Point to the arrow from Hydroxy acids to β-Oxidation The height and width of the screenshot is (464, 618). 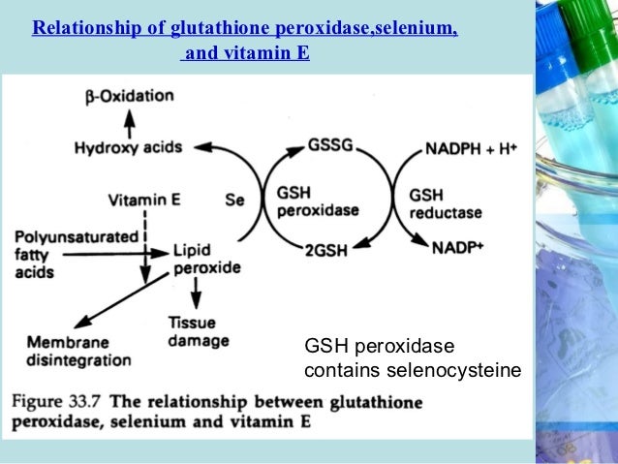click(130, 121)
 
